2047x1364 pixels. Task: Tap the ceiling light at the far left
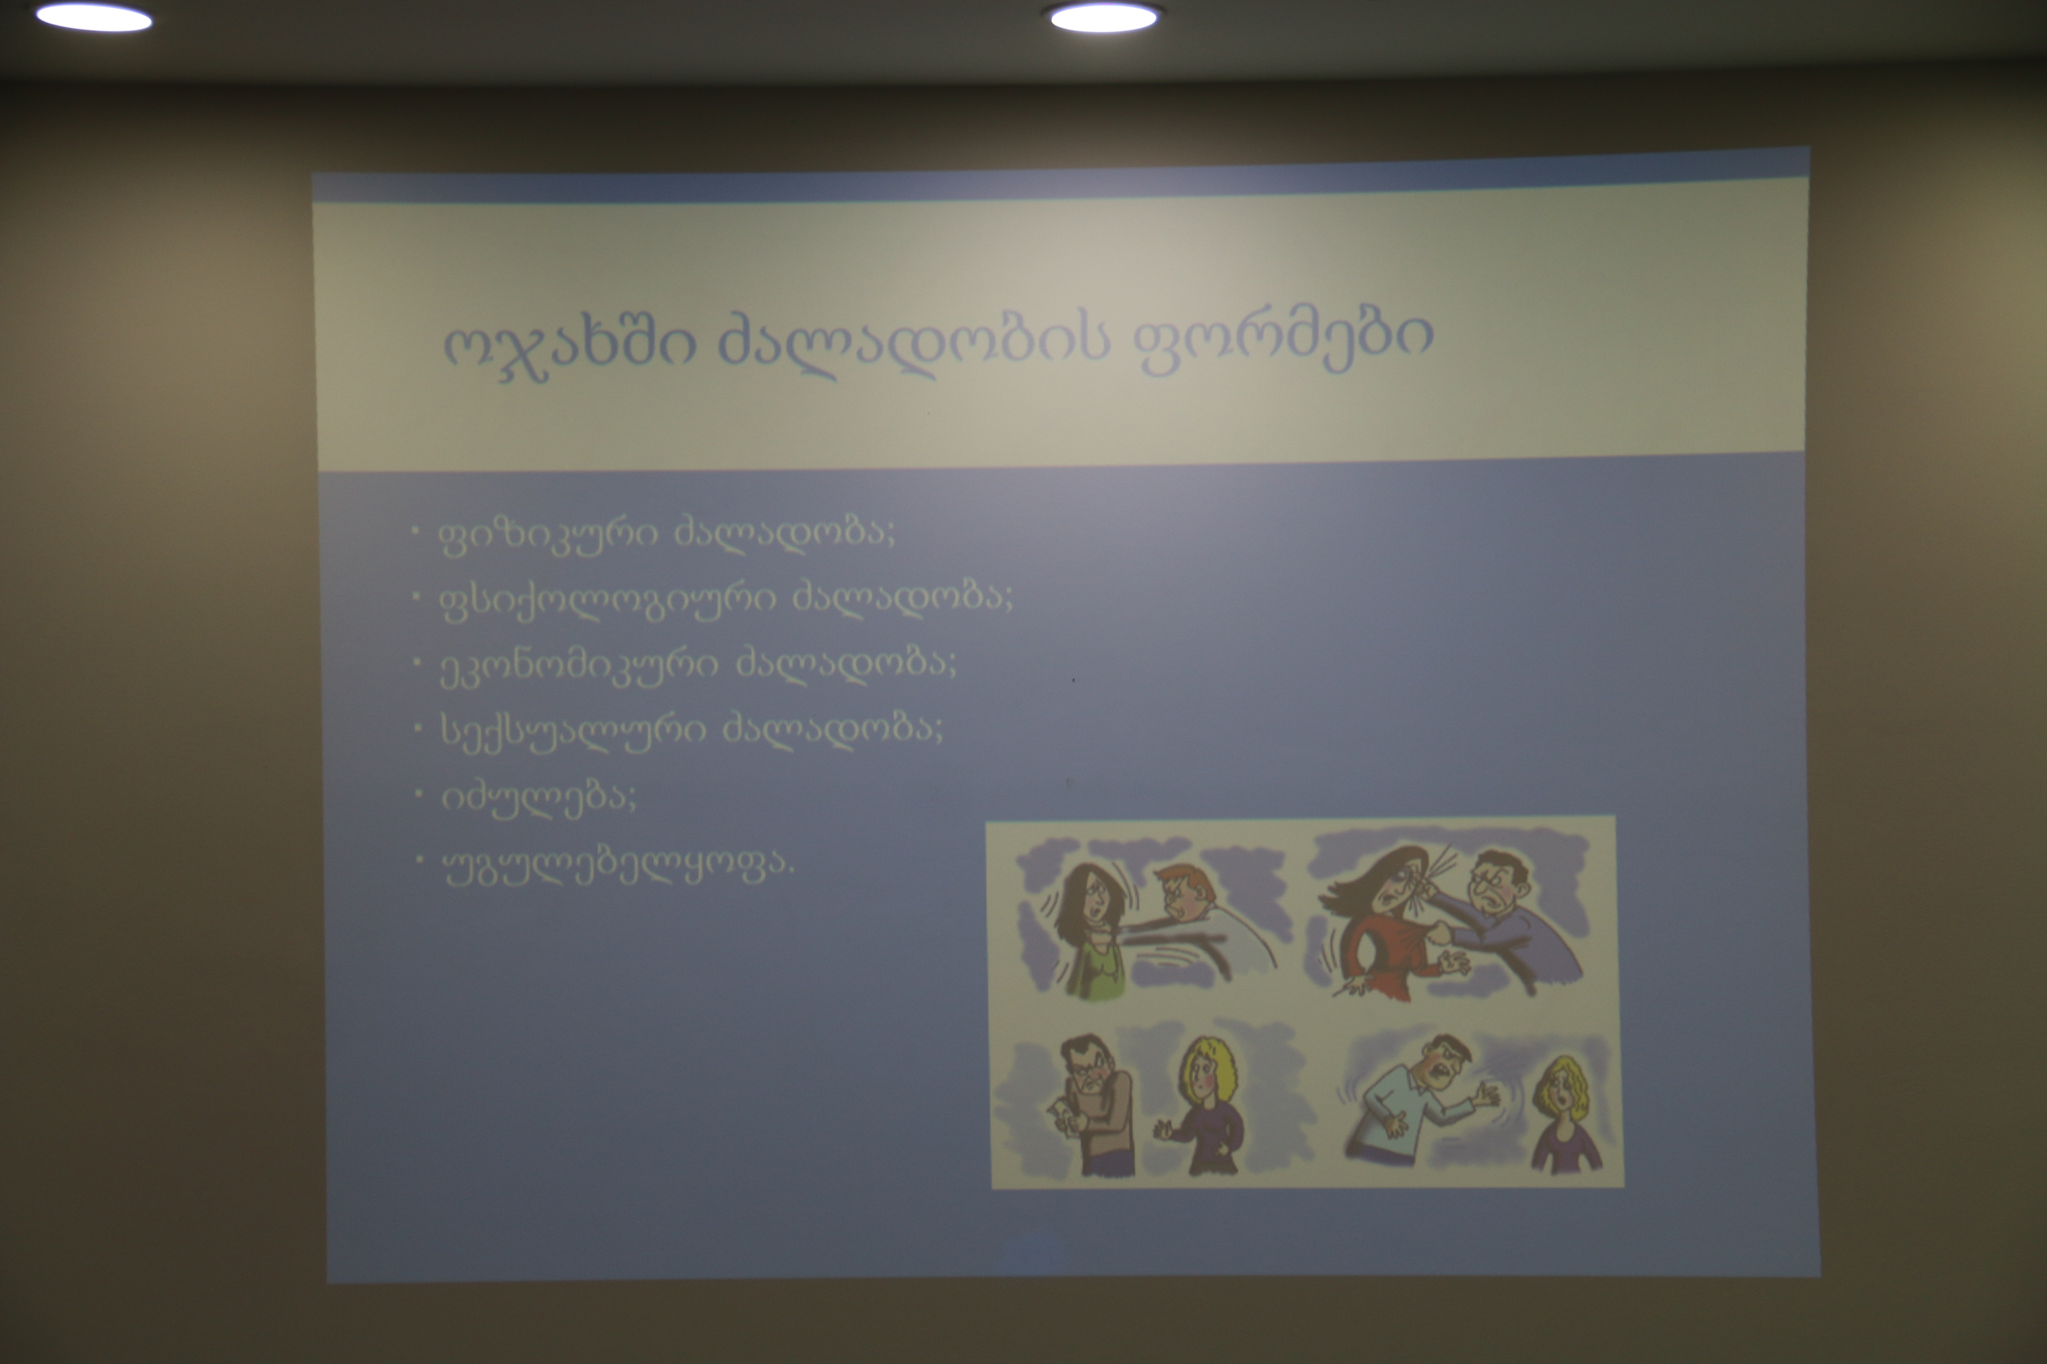pos(94,18)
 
